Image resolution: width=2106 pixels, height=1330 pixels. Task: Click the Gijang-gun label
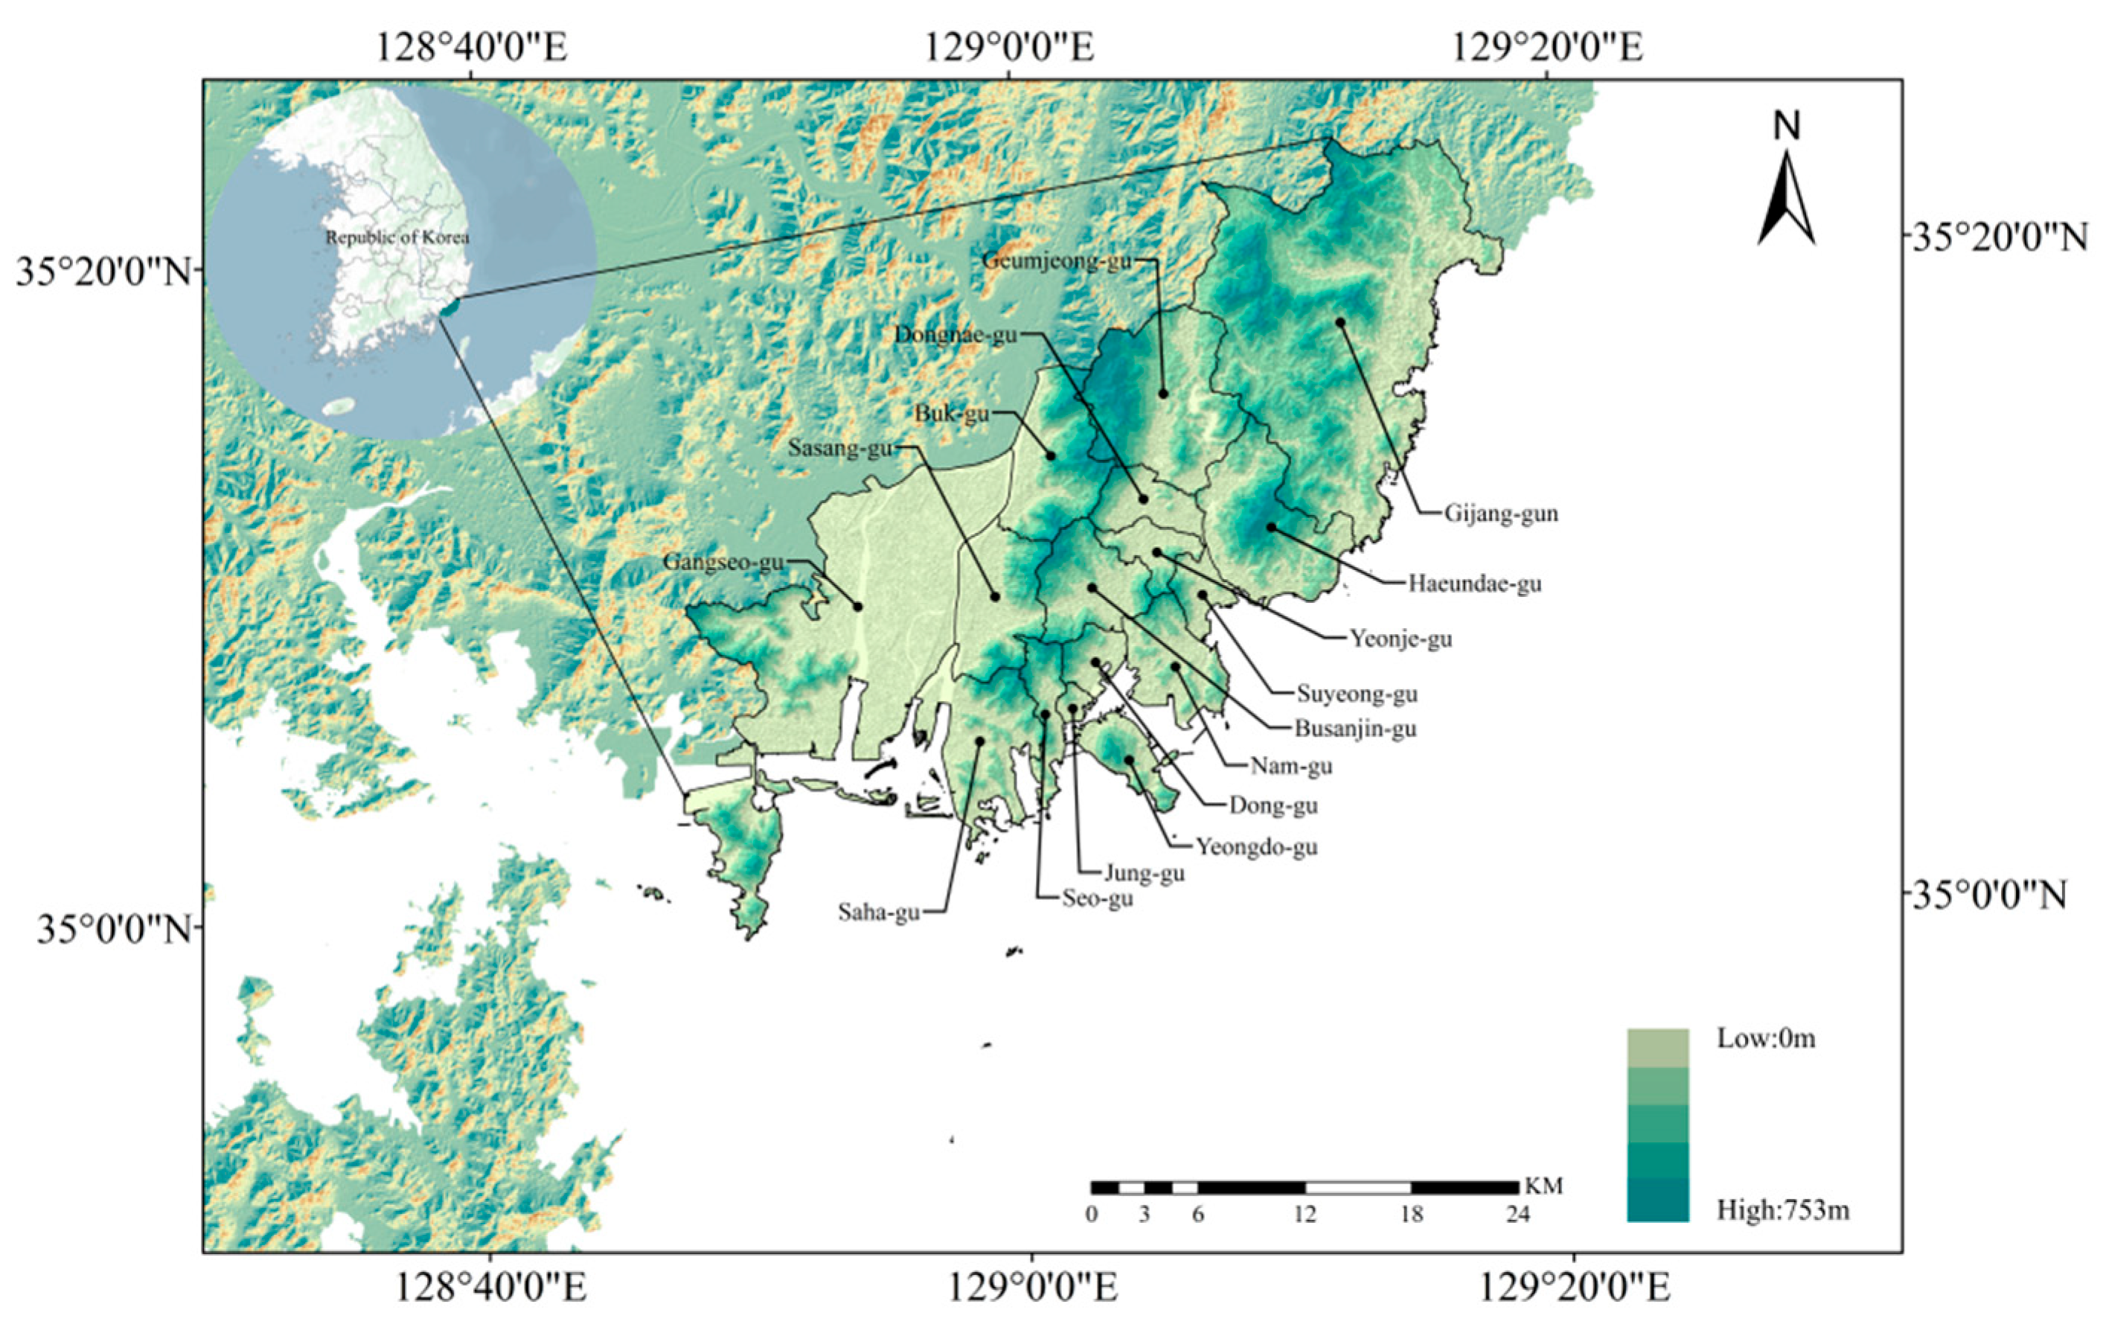(1501, 514)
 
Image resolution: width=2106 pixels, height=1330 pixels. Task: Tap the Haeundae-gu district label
(1474, 584)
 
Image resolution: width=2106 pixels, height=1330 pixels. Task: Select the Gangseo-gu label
(723, 561)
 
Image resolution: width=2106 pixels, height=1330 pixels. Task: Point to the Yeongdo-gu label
(1257, 846)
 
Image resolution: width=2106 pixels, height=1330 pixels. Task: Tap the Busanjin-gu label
(1356, 729)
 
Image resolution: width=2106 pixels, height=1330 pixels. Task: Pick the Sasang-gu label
(840, 449)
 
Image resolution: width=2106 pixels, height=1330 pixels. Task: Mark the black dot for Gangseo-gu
(858, 607)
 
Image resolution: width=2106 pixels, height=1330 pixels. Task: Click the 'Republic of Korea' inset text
(397, 237)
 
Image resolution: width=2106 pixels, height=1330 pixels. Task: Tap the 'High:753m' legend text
(1783, 1210)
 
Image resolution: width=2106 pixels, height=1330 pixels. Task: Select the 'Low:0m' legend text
(1766, 1038)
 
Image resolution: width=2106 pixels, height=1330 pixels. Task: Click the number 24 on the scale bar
(1517, 1215)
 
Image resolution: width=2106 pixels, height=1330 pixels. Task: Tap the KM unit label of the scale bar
(1543, 1186)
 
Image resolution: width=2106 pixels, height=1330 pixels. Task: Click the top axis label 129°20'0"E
(1547, 48)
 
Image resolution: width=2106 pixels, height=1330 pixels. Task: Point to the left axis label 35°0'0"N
(113, 929)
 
